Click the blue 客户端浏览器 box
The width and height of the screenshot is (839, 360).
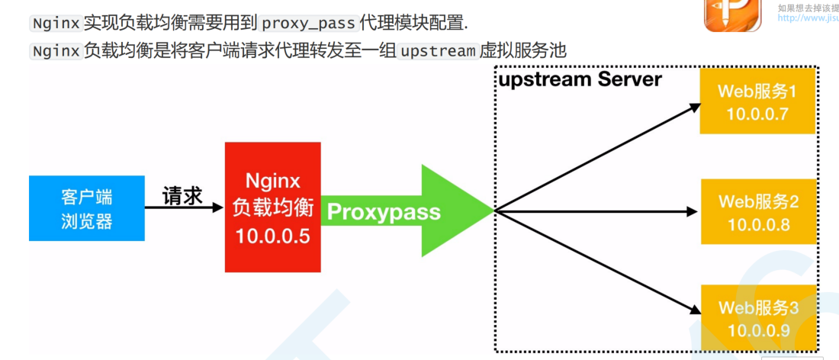[x=86, y=208]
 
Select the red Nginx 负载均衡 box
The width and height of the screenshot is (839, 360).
[x=272, y=207]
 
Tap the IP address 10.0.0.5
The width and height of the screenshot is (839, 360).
[x=272, y=236]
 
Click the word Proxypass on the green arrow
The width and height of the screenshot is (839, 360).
[x=384, y=211]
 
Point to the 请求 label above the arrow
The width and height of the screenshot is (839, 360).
[x=182, y=196]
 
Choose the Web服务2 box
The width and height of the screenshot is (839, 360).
[x=757, y=213]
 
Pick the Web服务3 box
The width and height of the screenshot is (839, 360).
[x=757, y=319]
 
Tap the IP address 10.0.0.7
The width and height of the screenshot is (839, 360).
[x=757, y=115]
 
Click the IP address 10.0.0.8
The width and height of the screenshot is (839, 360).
[x=758, y=225]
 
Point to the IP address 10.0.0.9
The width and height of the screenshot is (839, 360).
[x=758, y=330]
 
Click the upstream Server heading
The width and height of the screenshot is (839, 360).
[x=580, y=79]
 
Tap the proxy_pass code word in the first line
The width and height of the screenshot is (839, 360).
[x=309, y=23]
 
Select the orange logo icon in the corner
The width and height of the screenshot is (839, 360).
[x=732, y=15]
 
